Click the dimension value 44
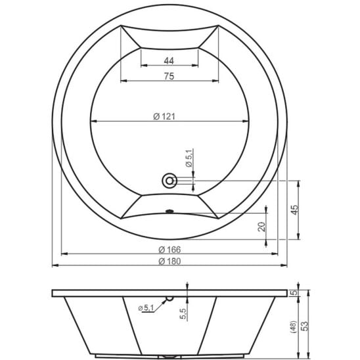coord(169,61)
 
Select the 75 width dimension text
coord(169,76)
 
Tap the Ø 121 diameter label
coord(164,117)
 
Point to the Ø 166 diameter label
coord(169,250)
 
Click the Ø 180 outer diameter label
coord(169,261)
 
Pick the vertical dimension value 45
coord(295,210)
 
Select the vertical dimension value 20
coord(261,227)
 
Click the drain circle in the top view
coord(169,181)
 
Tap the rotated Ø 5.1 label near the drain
coord(189,158)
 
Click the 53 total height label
coord(304,326)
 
